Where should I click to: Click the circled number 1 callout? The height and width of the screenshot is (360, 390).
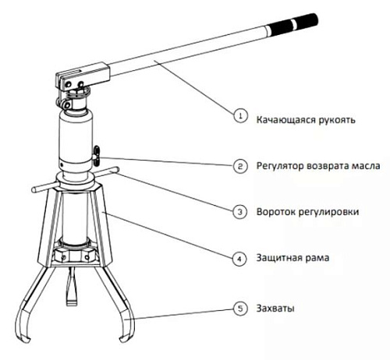240,115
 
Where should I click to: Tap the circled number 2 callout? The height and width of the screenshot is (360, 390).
240,166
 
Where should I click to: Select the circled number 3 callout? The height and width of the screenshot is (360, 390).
240,212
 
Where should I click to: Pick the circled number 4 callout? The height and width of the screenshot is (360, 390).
239,259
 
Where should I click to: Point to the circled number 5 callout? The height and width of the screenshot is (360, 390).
240,309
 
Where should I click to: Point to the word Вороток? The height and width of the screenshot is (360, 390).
275,212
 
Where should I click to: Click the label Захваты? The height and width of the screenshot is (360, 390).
275,309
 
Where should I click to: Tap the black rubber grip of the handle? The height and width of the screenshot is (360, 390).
293,24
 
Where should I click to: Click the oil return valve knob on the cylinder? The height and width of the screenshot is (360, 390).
97,156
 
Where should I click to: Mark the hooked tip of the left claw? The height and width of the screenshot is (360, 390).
23,337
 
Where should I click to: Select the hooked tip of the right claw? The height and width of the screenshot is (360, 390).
125,337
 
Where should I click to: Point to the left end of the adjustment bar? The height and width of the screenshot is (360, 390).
34,190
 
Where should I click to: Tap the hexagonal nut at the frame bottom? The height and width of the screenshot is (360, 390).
76,255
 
